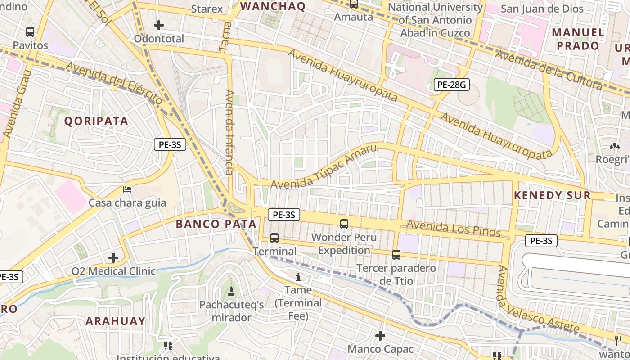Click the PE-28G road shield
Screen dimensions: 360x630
(x=451, y=84)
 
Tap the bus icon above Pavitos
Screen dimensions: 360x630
(x=30, y=32)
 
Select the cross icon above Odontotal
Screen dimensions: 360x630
(x=159, y=25)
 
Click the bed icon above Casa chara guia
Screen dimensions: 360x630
(x=127, y=189)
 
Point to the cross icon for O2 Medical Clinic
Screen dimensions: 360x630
(x=113, y=258)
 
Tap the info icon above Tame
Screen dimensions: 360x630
(x=298, y=277)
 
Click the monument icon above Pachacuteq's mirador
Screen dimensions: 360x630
(x=231, y=292)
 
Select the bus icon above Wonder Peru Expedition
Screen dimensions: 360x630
(x=344, y=224)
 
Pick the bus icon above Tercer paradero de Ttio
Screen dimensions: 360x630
(x=396, y=255)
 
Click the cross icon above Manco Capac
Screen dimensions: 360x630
(x=380, y=336)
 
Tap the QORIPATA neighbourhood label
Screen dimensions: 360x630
(x=96, y=121)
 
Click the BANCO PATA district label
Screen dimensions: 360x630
(x=216, y=224)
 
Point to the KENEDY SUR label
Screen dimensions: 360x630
(x=552, y=195)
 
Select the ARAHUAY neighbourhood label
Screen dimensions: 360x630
(x=116, y=321)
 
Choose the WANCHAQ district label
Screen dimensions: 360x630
(x=273, y=6)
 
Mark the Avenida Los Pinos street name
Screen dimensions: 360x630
(x=454, y=229)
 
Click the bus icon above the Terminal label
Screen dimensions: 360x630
(x=274, y=238)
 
